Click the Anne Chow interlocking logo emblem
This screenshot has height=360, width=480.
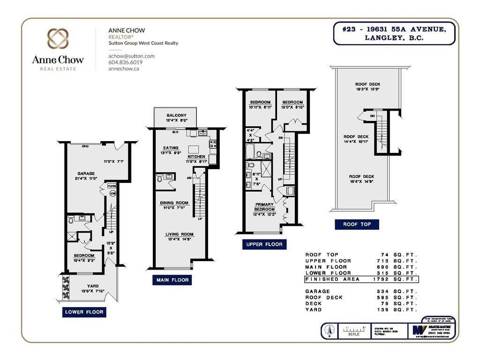click(58, 39)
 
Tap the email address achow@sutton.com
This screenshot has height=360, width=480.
click(131, 56)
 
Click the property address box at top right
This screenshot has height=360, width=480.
click(395, 33)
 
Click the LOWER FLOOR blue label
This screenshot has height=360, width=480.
click(84, 312)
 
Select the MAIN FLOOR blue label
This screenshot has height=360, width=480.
click(172, 280)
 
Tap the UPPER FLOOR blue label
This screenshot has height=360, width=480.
click(264, 244)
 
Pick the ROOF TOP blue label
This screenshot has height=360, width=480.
click(357, 225)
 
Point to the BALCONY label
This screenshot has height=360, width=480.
click(176, 115)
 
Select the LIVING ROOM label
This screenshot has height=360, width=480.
click(179, 234)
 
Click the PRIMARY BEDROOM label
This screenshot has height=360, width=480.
click(265, 207)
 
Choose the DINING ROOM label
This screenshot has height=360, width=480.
click(174, 203)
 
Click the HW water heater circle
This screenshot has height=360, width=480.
click(112, 193)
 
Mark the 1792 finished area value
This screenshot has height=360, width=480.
click(386, 279)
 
